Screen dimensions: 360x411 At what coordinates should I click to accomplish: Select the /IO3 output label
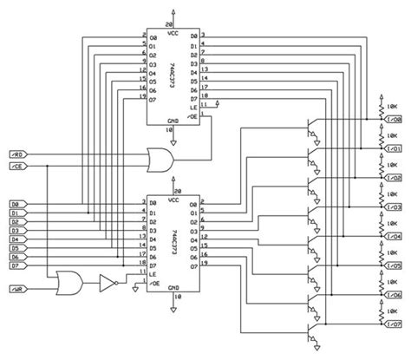[x=394, y=208]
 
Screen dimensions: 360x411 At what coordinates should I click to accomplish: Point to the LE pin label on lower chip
[x=152, y=273]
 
